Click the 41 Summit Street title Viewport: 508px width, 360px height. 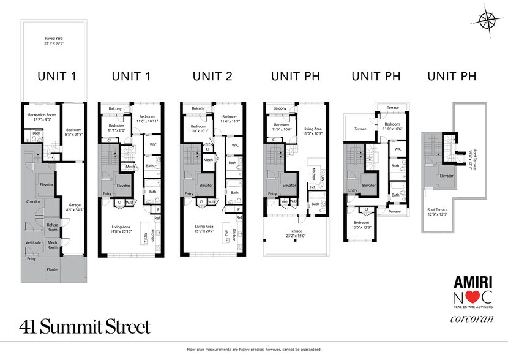(84, 326)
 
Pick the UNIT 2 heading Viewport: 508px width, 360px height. (212, 77)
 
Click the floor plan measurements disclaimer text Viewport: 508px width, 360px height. (254, 350)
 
